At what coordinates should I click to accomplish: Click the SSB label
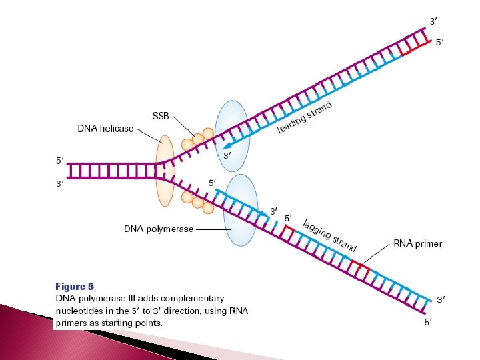(161, 116)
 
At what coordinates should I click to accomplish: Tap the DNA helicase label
(105, 129)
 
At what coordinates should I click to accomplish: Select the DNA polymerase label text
(159, 229)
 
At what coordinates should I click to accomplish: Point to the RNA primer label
(417, 243)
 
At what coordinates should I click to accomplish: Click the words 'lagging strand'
(329, 235)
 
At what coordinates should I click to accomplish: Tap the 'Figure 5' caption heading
(74, 287)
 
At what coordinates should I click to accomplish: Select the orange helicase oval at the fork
(165, 171)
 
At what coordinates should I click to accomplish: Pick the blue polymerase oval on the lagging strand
(241, 209)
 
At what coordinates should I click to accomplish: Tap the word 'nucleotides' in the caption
(80, 311)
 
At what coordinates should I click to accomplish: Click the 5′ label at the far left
(60, 160)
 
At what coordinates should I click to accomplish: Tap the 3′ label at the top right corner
(433, 21)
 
